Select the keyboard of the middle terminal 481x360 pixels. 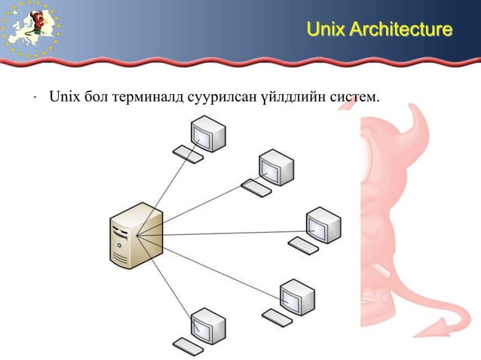pos(303,244)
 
